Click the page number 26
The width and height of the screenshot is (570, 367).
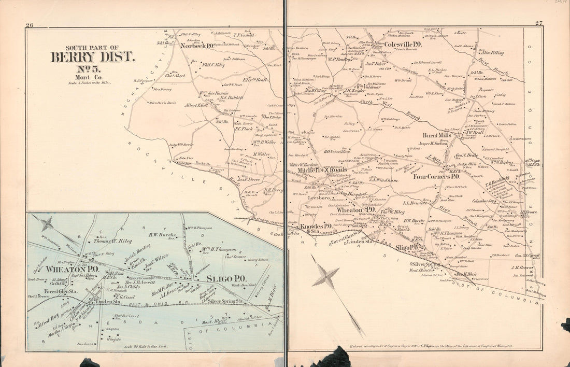(29, 24)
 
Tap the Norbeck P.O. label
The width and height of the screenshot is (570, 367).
(199, 45)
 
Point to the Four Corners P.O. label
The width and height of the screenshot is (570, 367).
(440, 176)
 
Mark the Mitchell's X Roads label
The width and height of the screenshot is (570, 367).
(322, 170)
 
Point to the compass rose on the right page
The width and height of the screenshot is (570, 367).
(324, 276)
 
